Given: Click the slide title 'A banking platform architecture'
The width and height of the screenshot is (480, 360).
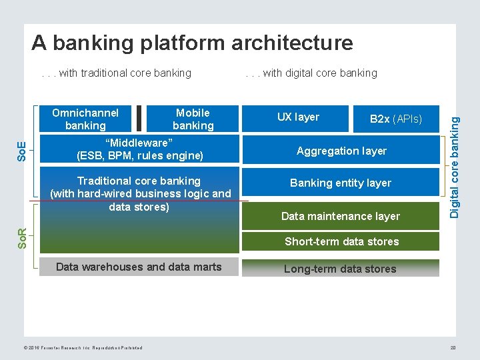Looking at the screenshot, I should pyautogui.click(x=192, y=43).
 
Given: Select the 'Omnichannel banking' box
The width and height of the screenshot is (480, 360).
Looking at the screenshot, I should pyautogui.click(x=85, y=119).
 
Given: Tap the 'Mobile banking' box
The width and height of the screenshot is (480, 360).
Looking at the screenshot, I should pyautogui.click(x=193, y=119).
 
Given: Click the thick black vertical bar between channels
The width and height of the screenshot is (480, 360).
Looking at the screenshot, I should pyautogui.click(x=139, y=119).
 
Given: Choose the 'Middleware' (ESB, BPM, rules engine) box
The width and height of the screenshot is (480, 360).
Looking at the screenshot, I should pyautogui.click(x=139, y=149).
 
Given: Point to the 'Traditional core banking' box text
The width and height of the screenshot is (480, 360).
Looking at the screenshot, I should pyautogui.click(x=140, y=193).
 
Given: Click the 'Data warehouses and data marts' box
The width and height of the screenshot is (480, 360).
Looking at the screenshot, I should pyautogui.click(x=139, y=267).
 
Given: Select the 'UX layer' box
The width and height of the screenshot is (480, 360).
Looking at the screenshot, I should pyautogui.click(x=298, y=117).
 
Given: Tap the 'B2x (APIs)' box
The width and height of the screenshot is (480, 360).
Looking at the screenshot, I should pyautogui.click(x=396, y=119).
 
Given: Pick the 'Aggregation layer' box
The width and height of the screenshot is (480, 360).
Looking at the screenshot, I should pyautogui.click(x=341, y=151).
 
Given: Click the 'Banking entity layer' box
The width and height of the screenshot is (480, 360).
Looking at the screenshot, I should pyautogui.click(x=341, y=183).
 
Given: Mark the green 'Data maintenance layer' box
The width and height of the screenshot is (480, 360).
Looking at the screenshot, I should pyautogui.click(x=341, y=215).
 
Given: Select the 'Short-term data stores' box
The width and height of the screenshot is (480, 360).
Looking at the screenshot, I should pyautogui.click(x=341, y=241).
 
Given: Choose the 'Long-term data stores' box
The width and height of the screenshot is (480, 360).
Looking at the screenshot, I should pyautogui.click(x=341, y=269).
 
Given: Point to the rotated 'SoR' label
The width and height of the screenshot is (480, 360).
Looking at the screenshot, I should pyautogui.click(x=23, y=237).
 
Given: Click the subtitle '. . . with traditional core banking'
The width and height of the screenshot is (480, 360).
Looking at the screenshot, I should pyautogui.click(x=117, y=73).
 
